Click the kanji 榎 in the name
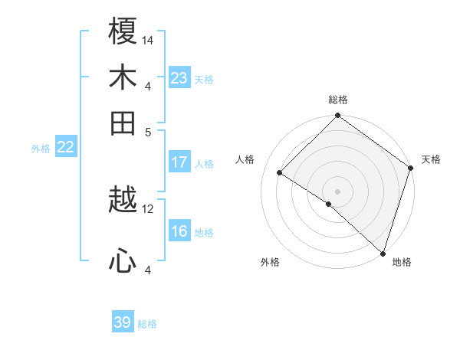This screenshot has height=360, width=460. pyautogui.click(x=123, y=32)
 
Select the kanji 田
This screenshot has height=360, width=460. pyautogui.click(x=123, y=123)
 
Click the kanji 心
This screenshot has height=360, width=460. pyautogui.click(x=123, y=262)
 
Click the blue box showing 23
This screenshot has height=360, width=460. pyautogui.click(x=179, y=77)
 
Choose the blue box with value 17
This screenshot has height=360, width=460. pyautogui.click(x=179, y=162)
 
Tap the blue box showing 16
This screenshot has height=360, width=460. pyautogui.click(x=179, y=231)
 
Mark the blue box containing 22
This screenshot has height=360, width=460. pyautogui.click(x=65, y=148)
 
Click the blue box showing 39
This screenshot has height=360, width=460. pyautogui.click(x=122, y=322)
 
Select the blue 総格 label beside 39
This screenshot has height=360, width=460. pyautogui.click(x=147, y=324)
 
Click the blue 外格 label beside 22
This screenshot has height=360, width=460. pyautogui.click(x=40, y=149)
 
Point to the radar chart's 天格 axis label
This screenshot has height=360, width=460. pyautogui.click(x=431, y=159)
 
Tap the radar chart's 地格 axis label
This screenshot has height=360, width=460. pyautogui.click(x=402, y=262)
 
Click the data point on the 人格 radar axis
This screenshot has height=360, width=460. pyautogui.click(x=281, y=173)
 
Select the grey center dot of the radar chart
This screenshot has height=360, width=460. pyautogui.click(x=337, y=191)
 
